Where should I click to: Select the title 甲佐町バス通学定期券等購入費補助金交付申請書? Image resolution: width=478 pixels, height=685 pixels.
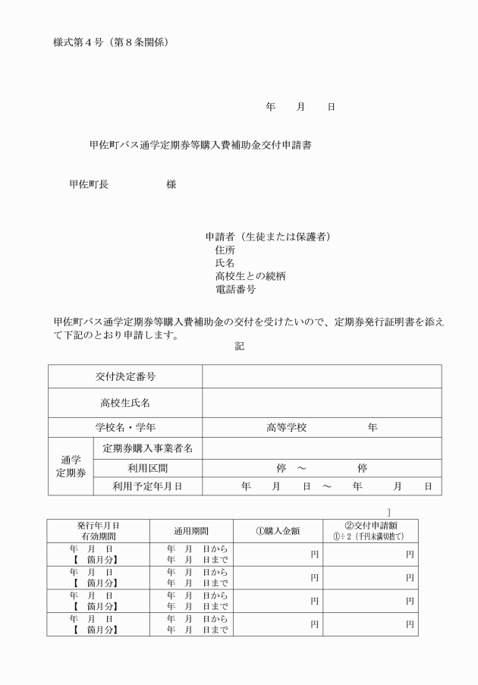200,146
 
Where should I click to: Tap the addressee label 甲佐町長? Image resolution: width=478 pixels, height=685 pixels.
89,184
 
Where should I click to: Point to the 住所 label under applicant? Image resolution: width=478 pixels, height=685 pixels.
225,249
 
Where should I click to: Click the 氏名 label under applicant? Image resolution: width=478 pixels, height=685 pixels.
225,262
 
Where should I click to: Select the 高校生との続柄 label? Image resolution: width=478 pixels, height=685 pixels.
250,276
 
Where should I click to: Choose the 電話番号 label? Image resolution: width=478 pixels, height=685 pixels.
235,290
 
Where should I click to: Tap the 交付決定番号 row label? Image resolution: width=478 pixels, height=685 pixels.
125,376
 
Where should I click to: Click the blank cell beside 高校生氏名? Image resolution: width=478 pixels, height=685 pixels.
321,403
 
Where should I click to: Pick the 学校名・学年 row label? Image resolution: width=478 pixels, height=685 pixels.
125,428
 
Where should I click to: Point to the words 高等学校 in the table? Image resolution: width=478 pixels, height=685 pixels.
286,428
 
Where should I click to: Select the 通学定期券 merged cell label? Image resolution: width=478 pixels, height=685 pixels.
70,467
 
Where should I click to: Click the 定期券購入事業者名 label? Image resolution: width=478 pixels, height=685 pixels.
147,448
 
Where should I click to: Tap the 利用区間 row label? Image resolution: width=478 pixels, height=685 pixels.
147,468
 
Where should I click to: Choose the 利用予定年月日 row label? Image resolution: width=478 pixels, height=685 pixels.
147,486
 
